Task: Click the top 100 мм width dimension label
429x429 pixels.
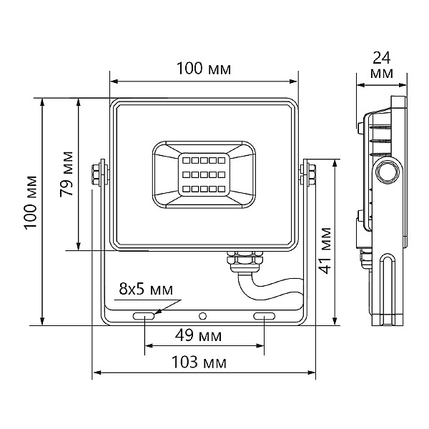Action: click(x=204, y=69)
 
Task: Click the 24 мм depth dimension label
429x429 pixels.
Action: click(x=383, y=65)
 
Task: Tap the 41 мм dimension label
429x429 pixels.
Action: click(x=325, y=250)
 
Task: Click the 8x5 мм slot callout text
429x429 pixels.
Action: click(x=146, y=289)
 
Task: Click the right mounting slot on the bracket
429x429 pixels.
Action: click(x=264, y=315)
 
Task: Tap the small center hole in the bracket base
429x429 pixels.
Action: click(x=203, y=315)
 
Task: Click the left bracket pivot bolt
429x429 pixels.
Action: click(x=98, y=175)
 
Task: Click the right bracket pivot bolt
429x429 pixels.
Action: click(x=310, y=175)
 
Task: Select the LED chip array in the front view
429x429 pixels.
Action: click(x=203, y=174)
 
